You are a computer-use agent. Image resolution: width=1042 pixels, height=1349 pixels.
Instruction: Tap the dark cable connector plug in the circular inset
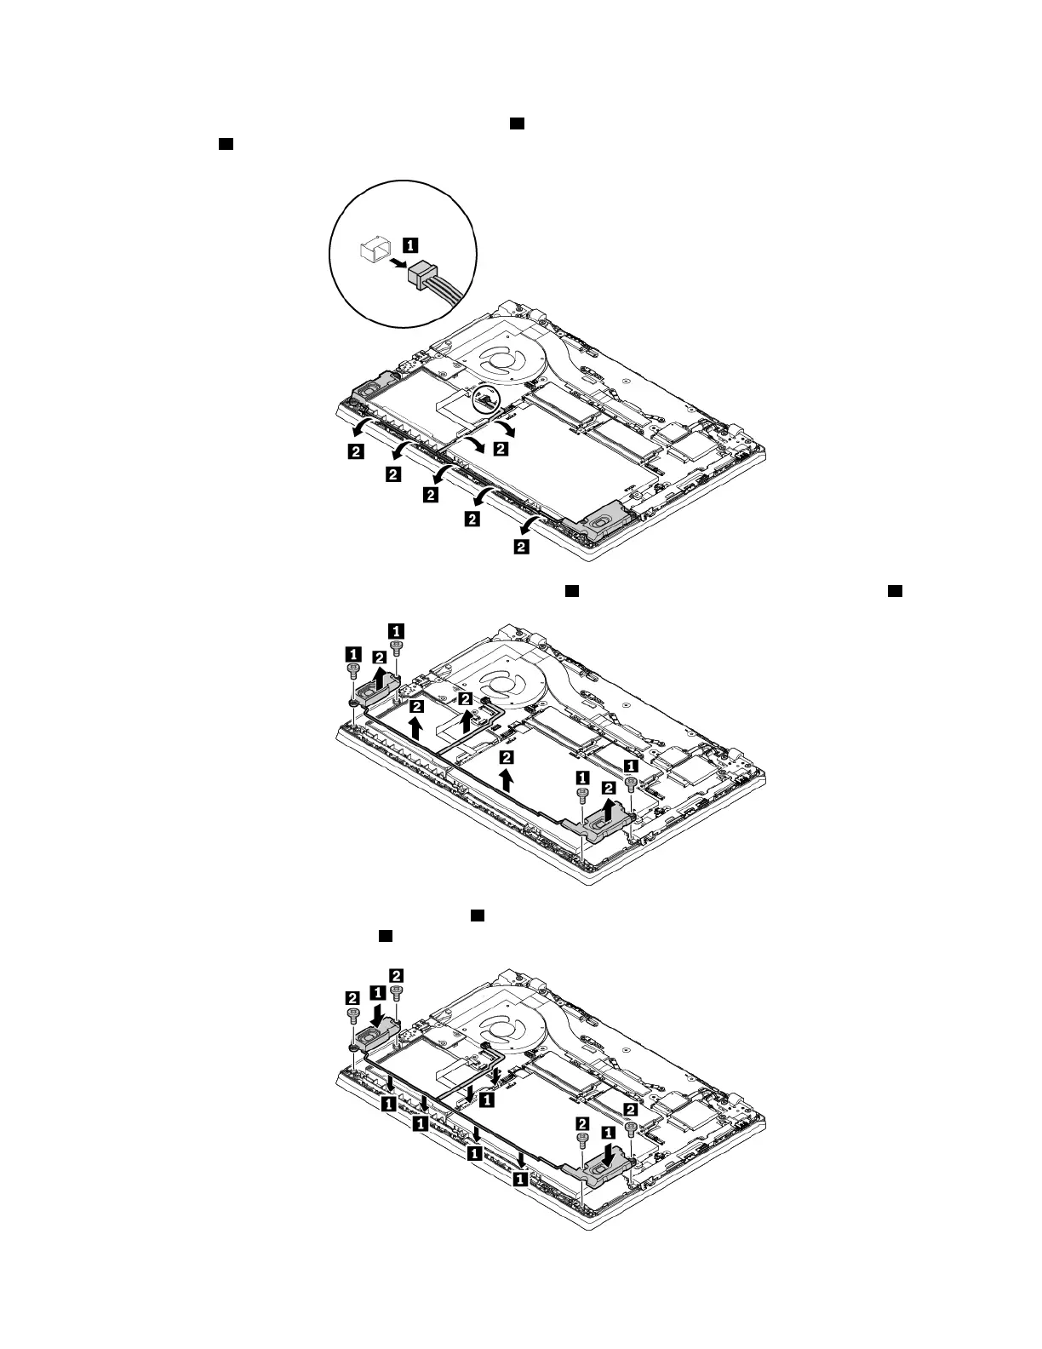[x=423, y=273]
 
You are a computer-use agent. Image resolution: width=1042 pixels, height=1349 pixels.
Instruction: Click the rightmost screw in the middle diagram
[x=631, y=784]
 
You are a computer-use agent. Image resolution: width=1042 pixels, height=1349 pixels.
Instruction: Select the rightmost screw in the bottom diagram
[x=631, y=1128]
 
